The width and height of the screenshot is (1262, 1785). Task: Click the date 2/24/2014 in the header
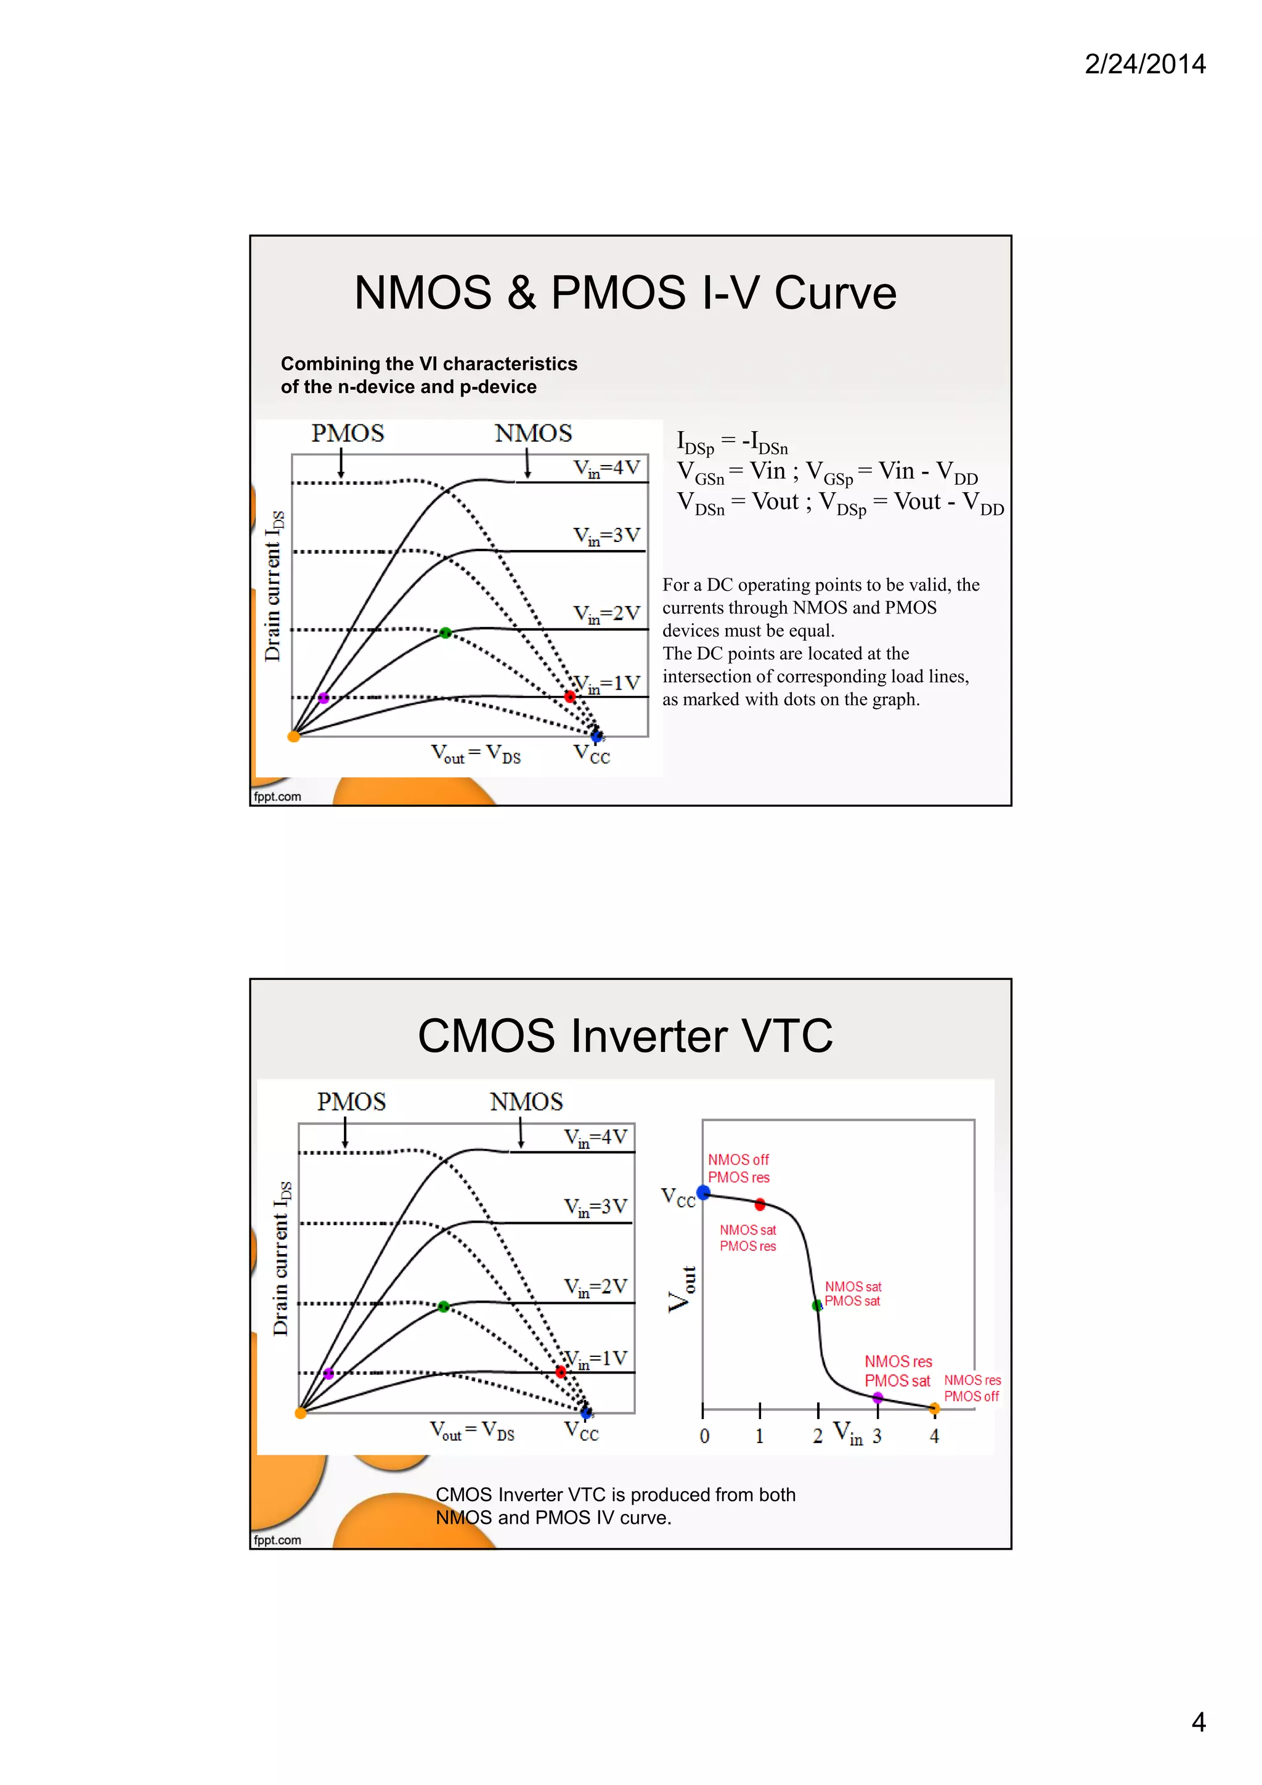pos(1144,64)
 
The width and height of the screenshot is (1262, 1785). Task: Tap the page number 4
pos(1199,1722)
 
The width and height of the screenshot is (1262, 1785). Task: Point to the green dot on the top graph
pos(446,633)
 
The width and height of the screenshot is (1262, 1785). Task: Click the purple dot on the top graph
pos(324,698)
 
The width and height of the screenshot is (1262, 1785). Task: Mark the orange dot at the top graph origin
pos(294,736)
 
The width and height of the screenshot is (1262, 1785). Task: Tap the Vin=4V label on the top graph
pos(606,469)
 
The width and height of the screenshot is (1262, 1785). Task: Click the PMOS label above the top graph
pos(348,433)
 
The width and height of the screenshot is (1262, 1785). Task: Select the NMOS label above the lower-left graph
pos(526,1102)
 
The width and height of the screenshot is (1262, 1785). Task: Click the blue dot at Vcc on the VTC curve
pos(704,1192)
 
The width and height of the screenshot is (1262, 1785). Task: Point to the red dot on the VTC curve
pos(760,1204)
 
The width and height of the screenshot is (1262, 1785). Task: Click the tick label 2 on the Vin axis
pos(817,1436)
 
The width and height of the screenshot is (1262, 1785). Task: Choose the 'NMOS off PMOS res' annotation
pos(739,1168)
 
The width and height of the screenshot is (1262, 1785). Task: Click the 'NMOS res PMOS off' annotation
pos(972,1388)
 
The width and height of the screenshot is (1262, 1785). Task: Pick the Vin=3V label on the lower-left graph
pos(596,1207)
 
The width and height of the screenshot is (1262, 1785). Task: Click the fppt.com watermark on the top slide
pos(277,796)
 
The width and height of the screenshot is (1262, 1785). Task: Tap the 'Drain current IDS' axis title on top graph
pos(274,586)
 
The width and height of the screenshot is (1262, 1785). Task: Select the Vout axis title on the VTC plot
pos(681,1289)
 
